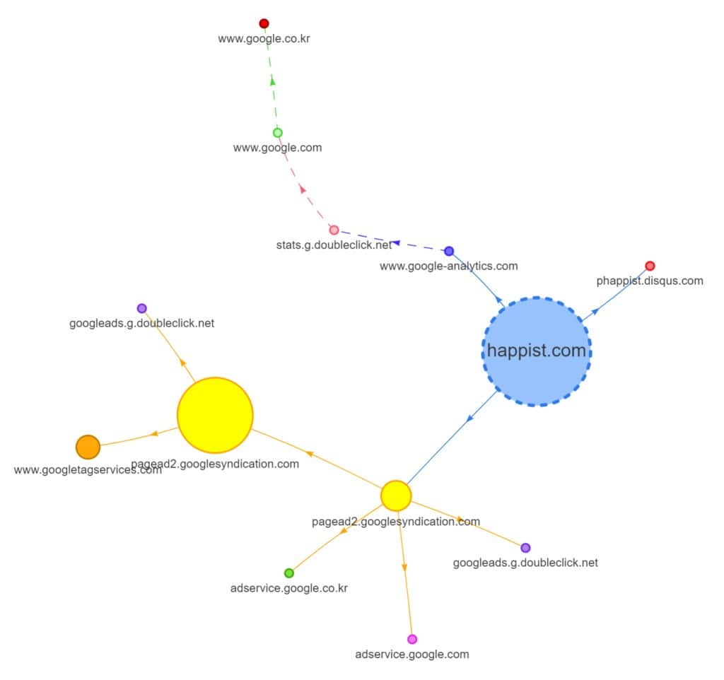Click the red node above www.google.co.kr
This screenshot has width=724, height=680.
pos(264,23)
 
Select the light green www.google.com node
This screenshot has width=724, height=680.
pos(278,132)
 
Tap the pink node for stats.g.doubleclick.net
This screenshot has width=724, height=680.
pos(334,230)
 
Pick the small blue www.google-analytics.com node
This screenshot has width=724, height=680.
pos(449,251)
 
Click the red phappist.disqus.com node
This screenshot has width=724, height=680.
pos(650,266)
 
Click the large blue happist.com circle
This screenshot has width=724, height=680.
pos(537,351)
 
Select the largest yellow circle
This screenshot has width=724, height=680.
pos(215,415)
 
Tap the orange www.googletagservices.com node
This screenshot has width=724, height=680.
pos(88,447)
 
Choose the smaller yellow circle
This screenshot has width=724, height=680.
pos(396,496)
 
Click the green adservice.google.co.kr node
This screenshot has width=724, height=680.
pos(288,573)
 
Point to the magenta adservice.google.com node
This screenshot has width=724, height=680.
pos(412,639)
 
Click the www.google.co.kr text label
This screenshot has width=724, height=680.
pos(264,39)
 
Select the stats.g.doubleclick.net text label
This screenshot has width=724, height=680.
pos(334,245)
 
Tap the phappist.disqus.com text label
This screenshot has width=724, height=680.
pos(650,281)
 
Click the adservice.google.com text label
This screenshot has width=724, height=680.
pos(411,654)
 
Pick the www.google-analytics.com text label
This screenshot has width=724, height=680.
pos(448,266)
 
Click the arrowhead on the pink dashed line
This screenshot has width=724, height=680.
pos(303,189)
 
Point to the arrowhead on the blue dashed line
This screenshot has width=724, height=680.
pos(396,242)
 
